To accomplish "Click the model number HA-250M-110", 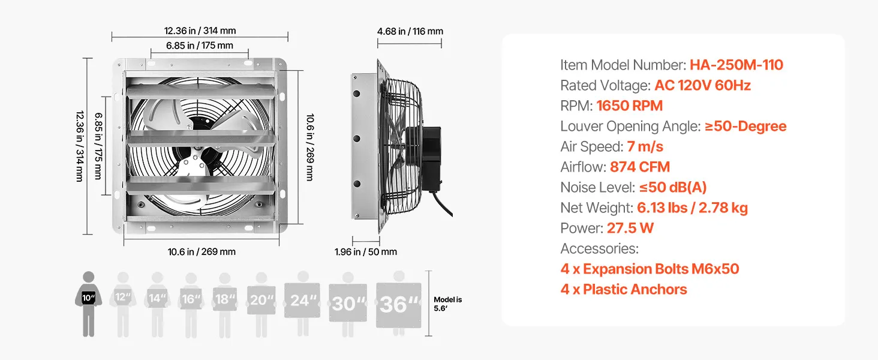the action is [x=736, y=65].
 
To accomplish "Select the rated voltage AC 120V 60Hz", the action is [x=702, y=85].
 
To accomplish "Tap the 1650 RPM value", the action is [x=629, y=106].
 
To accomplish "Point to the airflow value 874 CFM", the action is [x=640, y=167].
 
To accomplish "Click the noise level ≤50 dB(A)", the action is [x=673, y=187].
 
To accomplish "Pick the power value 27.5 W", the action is [x=630, y=228].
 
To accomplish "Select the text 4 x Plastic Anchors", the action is [x=624, y=289].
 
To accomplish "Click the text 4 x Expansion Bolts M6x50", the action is [x=650, y=269].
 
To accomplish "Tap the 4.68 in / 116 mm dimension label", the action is [x=410, y=31].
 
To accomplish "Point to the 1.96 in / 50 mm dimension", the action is [x=366, y=251].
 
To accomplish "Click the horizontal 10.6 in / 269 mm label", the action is [x=202, y=251].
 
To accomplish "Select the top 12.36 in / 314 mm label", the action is [x=200, y=30].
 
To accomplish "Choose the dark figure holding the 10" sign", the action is [x=89, y=304].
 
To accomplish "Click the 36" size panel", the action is [x=399, y=305].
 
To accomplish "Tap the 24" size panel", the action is [x=302, y=301].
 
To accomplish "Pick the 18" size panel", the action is [x=224, y=299].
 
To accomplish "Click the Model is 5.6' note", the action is [x=447, y=304].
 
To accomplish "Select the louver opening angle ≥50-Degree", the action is [x=745, y=126].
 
